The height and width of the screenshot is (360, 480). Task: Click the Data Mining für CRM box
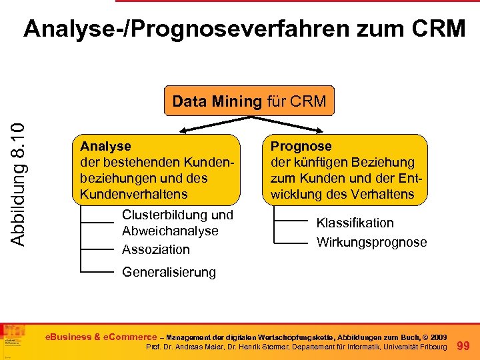(x=249, y=101)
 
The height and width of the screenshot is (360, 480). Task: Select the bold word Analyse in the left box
(x=105, y=146)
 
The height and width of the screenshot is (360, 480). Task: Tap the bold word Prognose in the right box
(x=301, y=146)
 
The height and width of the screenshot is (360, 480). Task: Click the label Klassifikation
(x=355, y=223)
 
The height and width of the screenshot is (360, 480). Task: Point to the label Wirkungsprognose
(x=371, y=242)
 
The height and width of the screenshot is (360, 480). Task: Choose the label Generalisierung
(x=169, y=272)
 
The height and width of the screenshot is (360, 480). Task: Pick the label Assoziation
(x=156, y=249)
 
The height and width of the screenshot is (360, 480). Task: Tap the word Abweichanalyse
(x=170, y=231)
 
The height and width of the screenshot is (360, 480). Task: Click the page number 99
(x=466, y=345)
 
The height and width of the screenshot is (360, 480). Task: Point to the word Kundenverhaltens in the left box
(x=133, y=194)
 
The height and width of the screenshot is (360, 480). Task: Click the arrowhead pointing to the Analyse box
(x=169, y=131)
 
